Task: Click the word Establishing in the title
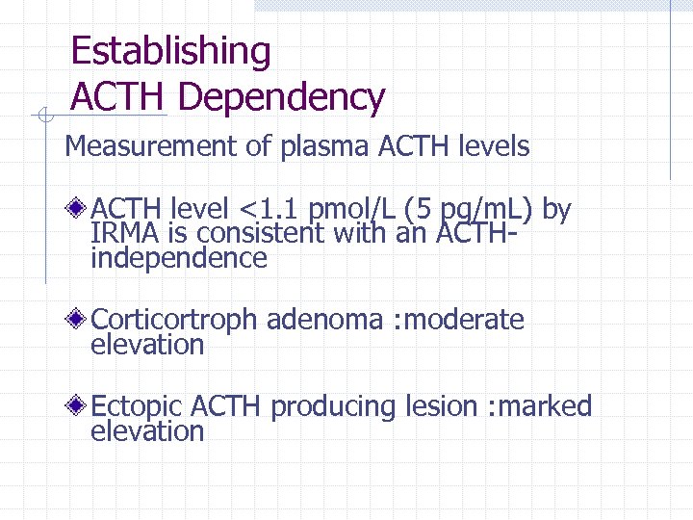(171, 51)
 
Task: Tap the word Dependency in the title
(282, 97)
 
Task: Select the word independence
(178, 258)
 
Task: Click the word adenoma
(325, 320)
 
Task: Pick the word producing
(332, 408)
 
